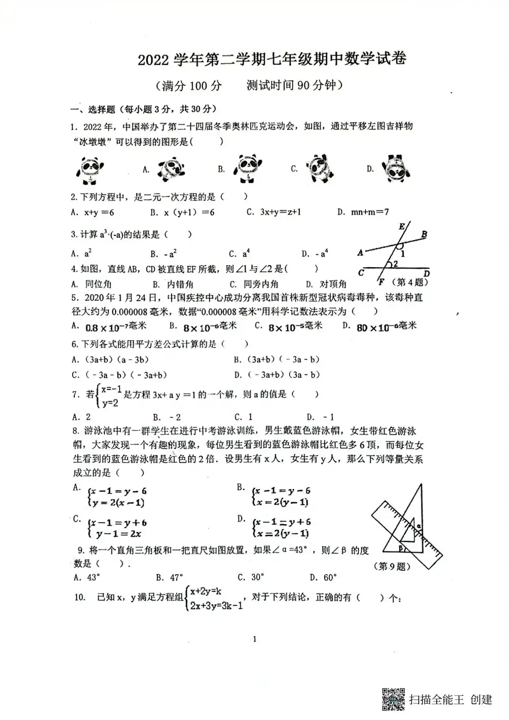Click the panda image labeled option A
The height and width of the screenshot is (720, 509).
tap(171, 169)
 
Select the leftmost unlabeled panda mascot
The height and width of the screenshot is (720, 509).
tap(92, 169)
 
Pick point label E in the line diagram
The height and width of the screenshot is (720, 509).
tap(402, 226)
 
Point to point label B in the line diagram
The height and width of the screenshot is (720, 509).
tap(424, 235)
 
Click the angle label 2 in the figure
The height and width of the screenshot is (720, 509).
tap(394, 264)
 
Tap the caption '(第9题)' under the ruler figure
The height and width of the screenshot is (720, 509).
tap(392, 566)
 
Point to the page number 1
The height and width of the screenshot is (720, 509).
tap(254, 640)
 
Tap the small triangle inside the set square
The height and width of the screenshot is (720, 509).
tap(408, 535)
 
